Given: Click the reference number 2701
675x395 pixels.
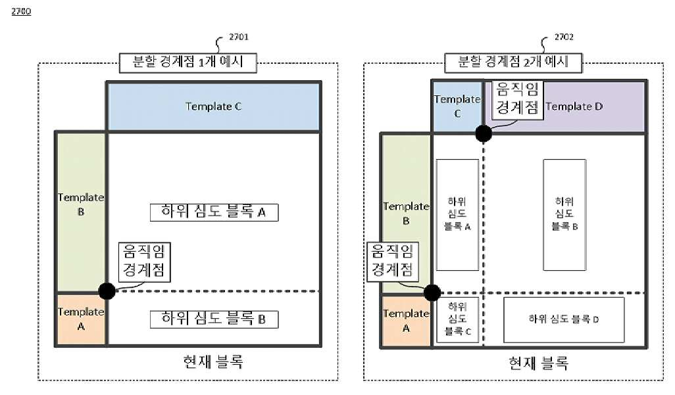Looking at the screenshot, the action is pyautogui.click(x=239, y=37).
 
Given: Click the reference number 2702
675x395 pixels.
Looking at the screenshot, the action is pyautogui.click(x=564, y=37).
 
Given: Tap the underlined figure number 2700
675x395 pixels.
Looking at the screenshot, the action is pyautogui.click(x=21, y=12).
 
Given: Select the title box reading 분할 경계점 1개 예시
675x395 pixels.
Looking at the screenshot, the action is pyautogui.click(x=187, y=62).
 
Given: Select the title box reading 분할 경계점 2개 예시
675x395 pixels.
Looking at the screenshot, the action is pyautogui.click(x=513, y=62).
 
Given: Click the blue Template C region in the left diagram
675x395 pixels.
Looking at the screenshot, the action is pyautogui.click(x=214, y=106).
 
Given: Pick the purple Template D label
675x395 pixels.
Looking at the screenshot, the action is pyautogui.click(x=574, y=106).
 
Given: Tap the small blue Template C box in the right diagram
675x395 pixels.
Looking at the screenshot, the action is pyautogui.click(x=457, y=106).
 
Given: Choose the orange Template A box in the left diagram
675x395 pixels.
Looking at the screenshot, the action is pyautogui.click(x=81, y=319).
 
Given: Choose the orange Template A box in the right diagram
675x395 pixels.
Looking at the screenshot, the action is pyautogui.click(x=406, y=321).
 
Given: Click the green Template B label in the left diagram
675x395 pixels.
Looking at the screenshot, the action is pyautogui.click(x=81, y=204).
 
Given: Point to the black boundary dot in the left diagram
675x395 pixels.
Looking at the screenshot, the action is pyautogui.click(x=107, y=291).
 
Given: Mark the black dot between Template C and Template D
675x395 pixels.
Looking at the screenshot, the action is pyautogui.click(x=484, y=133).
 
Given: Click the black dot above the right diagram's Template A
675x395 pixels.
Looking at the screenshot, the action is pyautogui.click(x=432, y=292).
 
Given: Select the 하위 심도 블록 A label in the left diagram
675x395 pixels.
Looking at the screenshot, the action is pyautogui.click(x=214, y=212).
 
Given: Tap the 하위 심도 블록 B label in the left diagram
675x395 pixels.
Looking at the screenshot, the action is pyautogui.click(x=214, y=319).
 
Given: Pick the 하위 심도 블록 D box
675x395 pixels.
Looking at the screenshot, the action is pyautogui.click(x=564, y=319).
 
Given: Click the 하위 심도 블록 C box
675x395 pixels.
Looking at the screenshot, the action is pyautogui.click(x=458, y=319).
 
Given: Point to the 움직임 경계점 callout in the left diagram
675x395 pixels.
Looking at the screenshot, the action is pyautogui.click(x=144, y=262).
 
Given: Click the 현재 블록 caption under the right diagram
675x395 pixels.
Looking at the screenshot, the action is pyautogui.click(x=539, y=363).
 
